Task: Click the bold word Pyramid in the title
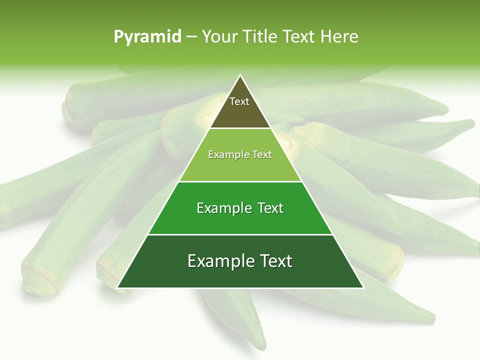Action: point(147,37)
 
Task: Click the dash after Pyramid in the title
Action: point(191,37)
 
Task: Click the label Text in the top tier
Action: point(239,101)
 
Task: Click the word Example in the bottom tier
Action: point(218,261)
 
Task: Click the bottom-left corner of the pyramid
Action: point(118,287)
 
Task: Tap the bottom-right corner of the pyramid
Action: point(363,287)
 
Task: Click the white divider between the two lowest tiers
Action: point(240,234)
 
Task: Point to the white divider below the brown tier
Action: point(240,128)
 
